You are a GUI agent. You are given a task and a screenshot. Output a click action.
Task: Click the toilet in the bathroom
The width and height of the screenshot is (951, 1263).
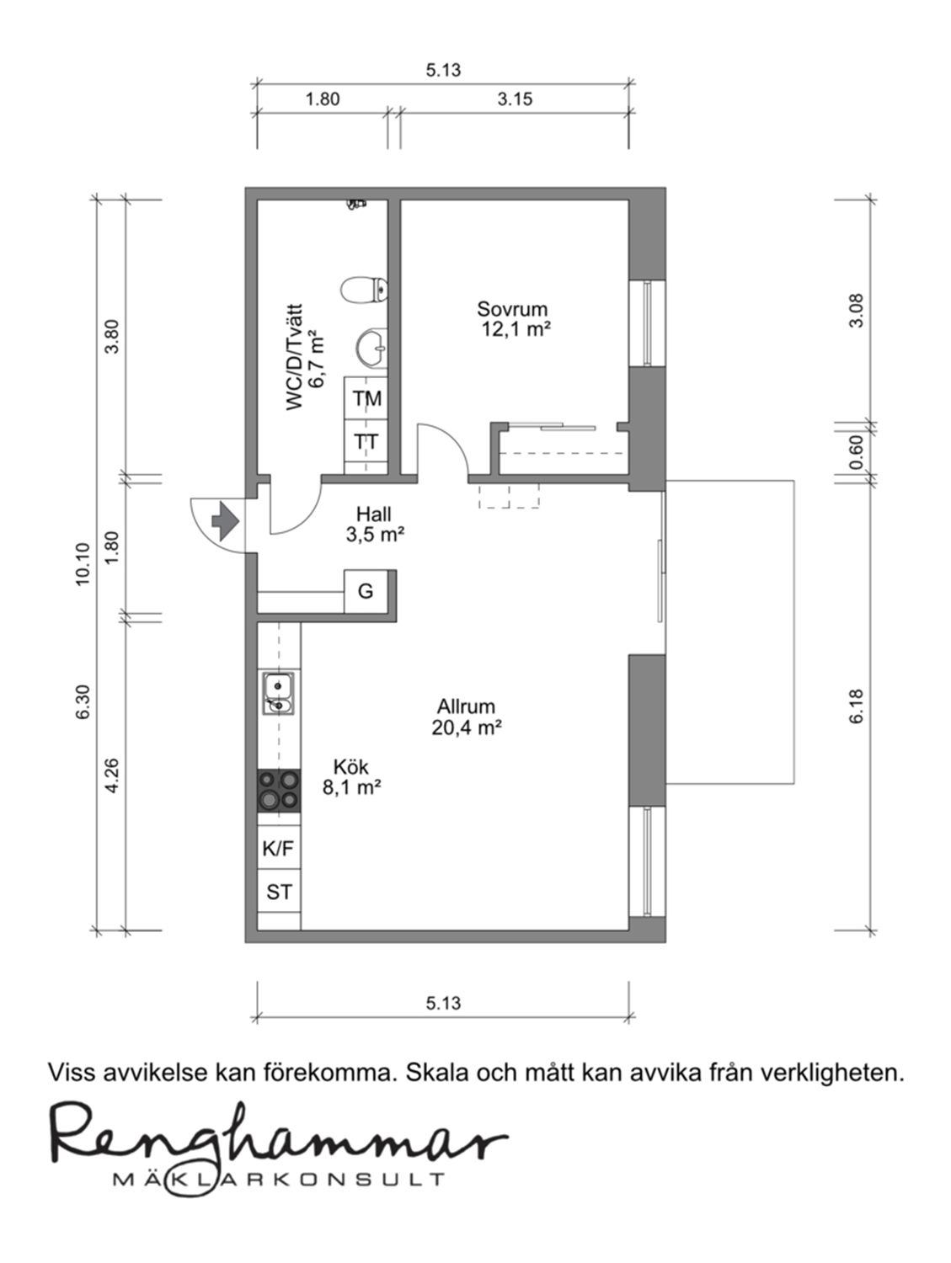pyautogui.click(x=364, y=290)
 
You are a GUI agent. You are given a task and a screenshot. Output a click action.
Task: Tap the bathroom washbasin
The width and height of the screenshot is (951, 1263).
pyautogui.click(x=371, y=348)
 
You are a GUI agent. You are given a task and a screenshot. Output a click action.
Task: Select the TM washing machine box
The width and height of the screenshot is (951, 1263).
pyautogui.click(x=366, y=398)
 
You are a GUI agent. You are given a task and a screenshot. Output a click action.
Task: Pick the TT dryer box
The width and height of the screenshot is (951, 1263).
pyautogui.click(x=366, y=441)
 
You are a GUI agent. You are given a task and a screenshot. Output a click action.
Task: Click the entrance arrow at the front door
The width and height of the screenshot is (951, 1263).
pyautogui.click(x=225, y=521)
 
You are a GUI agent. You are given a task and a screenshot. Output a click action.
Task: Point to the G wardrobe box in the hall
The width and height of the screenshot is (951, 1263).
pyautogui.click(x=366, y=591)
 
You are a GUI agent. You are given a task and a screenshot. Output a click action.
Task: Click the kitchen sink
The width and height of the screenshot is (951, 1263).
pyautogui.click(x=279, y=693)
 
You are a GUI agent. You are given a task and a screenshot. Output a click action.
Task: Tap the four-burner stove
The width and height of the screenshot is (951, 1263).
pyautogui.click(x=279, y=791)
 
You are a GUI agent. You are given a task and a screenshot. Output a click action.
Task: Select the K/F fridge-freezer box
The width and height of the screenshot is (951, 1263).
pyautogui.click(x=279, y=847)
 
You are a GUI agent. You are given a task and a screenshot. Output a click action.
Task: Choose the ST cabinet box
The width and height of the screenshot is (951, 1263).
pyautogui.click(x=279, y=892)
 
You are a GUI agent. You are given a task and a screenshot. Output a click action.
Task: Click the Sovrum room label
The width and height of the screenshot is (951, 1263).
pyautogui.click(x=512, y=309)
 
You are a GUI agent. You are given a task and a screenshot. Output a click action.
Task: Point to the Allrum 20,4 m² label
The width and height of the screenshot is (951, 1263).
pyautogui.click(x=467, y=717)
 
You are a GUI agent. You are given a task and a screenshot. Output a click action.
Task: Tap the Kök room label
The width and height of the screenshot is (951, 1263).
pyautogui.click(x=350, y=767)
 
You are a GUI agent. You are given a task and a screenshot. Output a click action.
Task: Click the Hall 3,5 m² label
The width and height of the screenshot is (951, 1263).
pyautogui.click(x=374, y=525)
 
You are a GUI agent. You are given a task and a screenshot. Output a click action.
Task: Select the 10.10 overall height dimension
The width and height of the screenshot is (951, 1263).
pyautogui.click(x=83, y=564)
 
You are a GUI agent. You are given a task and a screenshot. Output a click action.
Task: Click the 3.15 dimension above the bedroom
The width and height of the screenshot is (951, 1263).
pyautogui.click(x=516, y=99)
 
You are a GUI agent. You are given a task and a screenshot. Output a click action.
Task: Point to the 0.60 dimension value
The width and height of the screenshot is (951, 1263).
pyautogui.click(x=857, y=451)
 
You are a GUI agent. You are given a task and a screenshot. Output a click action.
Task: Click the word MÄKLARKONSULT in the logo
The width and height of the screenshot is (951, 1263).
pyautogui.click(x=279, y=1179)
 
